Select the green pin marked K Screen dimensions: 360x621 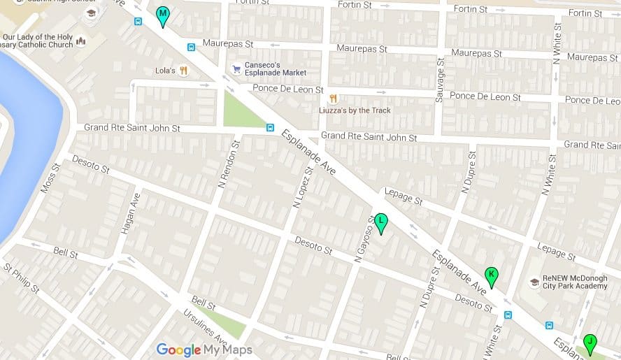(491, 276)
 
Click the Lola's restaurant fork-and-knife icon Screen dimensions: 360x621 (183, 70)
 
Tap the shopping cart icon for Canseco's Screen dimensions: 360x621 (236, 69)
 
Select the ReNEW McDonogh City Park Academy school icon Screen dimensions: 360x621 (534, 282)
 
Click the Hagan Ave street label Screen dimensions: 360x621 (129, 206)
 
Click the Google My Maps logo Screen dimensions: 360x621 (204, 350)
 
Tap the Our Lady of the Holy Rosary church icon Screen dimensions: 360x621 (81, 41)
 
